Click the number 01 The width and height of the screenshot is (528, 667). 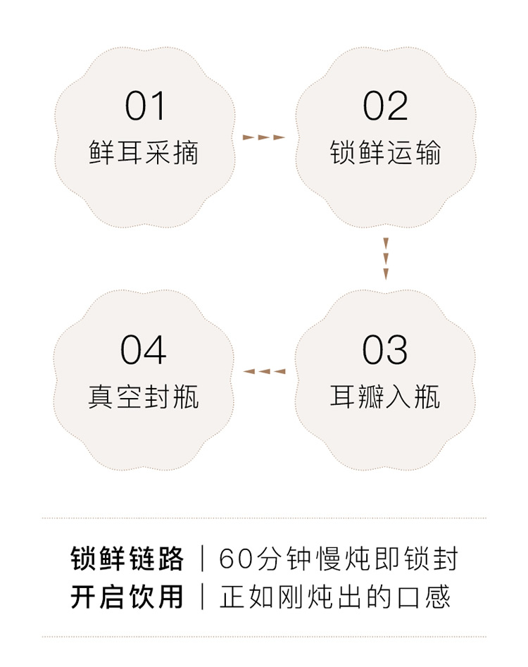pos(145,107)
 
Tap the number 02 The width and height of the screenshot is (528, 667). pos(385,107)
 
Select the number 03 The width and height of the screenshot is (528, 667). pos(385,350)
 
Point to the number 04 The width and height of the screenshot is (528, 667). pos(144,350)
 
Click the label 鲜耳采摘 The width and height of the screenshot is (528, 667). pos(144,153)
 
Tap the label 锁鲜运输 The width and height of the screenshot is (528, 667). pos(385,153)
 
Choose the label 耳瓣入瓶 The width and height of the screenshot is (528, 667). pos(385,397)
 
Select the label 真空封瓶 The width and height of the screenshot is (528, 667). pos(144,397)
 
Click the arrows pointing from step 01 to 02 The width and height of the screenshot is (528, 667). pos(264,137)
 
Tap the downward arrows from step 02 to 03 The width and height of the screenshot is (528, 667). pos(386,258)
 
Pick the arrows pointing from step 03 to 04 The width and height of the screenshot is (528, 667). pos(264,371)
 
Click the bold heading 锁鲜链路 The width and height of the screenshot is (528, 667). pos(127,559)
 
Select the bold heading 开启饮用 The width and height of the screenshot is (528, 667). pos(127,597)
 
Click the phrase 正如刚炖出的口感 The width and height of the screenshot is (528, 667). pos(335,597)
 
